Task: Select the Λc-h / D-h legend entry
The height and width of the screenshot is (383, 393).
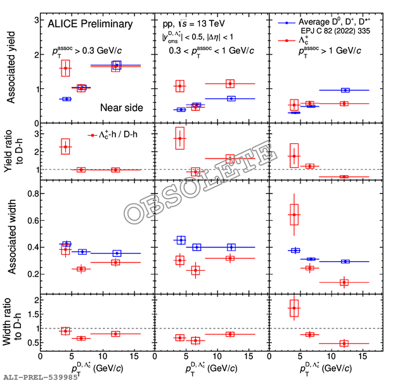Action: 117,135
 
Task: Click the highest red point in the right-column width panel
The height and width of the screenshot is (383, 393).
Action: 293,214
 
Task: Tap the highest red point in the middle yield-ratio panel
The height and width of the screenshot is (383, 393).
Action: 180,138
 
